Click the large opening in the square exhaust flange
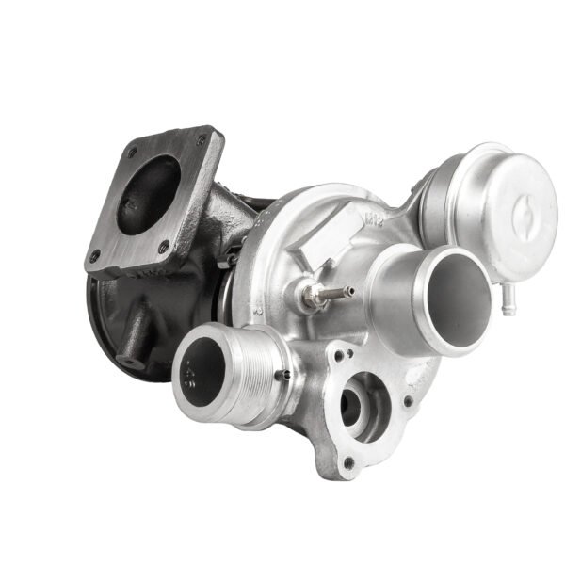click(153, 187)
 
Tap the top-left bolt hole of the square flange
click(132, 151)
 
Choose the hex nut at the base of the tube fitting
click(307, 299)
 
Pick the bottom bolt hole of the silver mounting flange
click(349, 463)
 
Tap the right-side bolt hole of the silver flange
click(408, 403)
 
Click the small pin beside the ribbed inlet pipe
click(281, 378)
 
